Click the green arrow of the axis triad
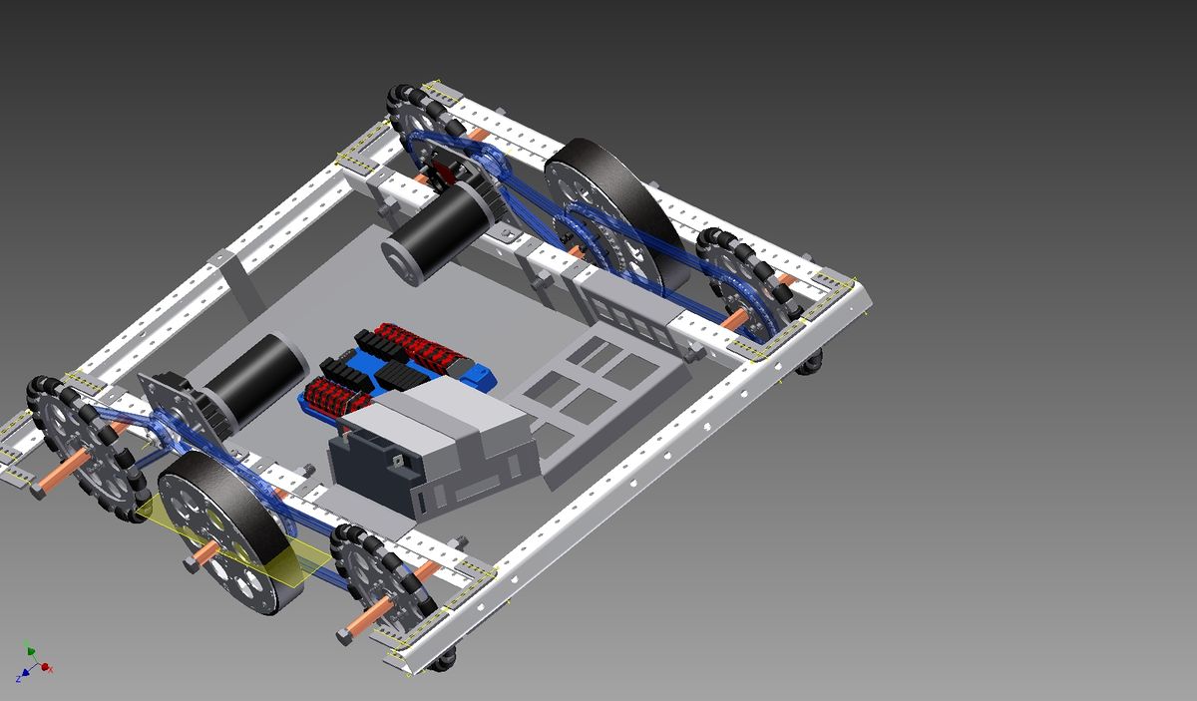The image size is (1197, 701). point(30,649)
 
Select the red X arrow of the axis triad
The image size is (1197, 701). point(46,666)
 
